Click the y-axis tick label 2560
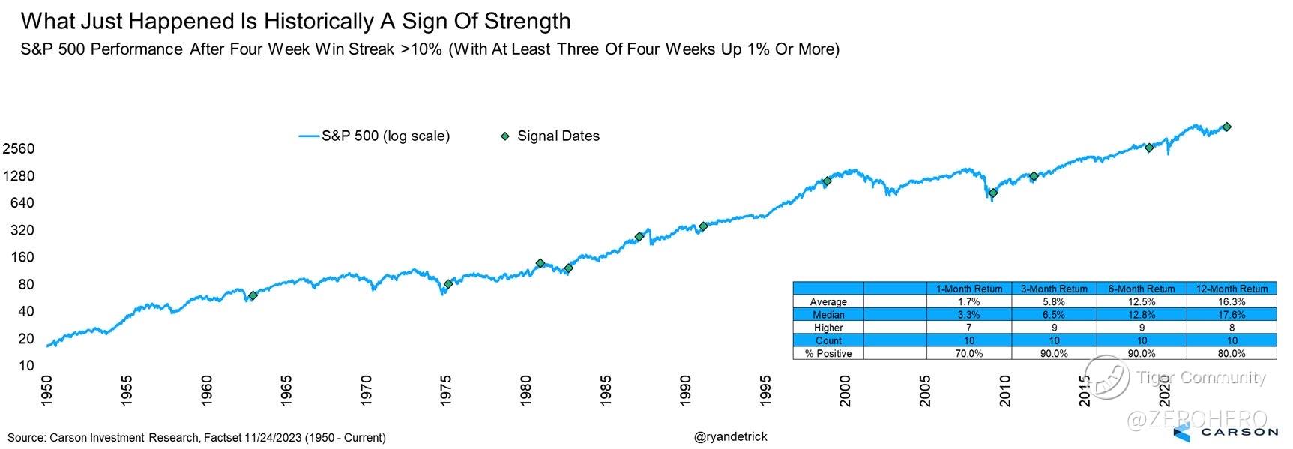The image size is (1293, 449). [x=19, y=148]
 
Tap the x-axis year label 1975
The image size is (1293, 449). [x=446, y=391]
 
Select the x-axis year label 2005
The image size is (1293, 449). [x=925, y=391]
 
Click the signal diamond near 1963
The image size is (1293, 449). [x=253, y=295]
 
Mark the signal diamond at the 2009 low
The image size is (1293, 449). [x=992, y=193]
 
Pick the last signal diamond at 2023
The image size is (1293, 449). [x=1227, y=127]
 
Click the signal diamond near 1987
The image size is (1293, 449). [x=639, y=237]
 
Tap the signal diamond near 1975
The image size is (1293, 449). [x=448, y=284]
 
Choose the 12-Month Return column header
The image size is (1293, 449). [x=1232, y=289]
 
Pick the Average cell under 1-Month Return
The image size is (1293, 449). [x=968, y=301]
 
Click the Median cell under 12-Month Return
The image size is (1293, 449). [x=1232, y=315]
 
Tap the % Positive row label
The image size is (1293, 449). [x=828, y=353]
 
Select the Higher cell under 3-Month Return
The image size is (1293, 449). [x=1054, y=328]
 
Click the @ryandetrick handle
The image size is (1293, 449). [x=731, y=436]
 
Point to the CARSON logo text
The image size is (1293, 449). [x=1240, y=432]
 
